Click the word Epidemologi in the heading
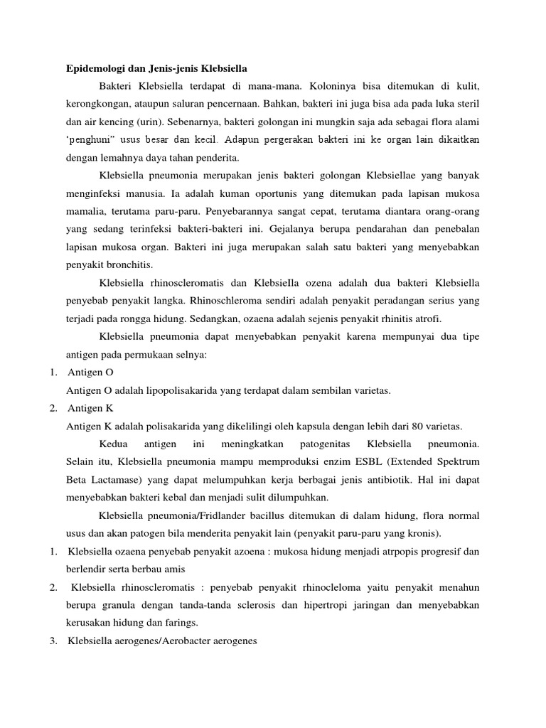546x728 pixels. [92, 69]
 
